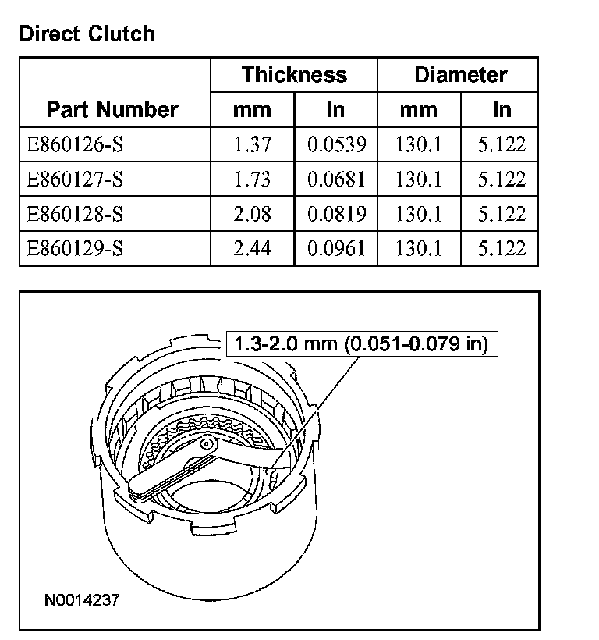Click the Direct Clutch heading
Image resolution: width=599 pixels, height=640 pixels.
(87, 34)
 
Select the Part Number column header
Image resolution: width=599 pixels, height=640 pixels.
(112, 109)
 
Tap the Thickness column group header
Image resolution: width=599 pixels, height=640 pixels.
(294, 75)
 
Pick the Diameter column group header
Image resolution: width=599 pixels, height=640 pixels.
(460, 75)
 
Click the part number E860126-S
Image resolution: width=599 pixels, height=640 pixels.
(75, 144)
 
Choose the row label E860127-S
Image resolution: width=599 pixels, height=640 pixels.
(75, 180)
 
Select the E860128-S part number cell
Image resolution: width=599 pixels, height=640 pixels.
(75, 214)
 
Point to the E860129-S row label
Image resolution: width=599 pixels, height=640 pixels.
(75, 249)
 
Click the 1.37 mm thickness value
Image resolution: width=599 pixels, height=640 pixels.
(252, 144)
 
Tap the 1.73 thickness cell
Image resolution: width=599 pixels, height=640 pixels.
(252, 180)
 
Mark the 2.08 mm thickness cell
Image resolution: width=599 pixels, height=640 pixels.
(252, 214)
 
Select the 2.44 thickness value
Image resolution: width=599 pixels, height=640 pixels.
(252, 249)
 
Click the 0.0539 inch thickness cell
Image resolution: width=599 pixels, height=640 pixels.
(336, 144)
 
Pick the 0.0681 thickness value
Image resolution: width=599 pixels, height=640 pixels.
(336, 180)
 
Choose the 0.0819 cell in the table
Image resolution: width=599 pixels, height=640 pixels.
(336, 214)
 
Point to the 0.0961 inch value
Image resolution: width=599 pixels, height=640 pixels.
(336, 249)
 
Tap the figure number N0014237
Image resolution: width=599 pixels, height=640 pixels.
(83, 600)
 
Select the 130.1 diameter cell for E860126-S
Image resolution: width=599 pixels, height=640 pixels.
(419, 144)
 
